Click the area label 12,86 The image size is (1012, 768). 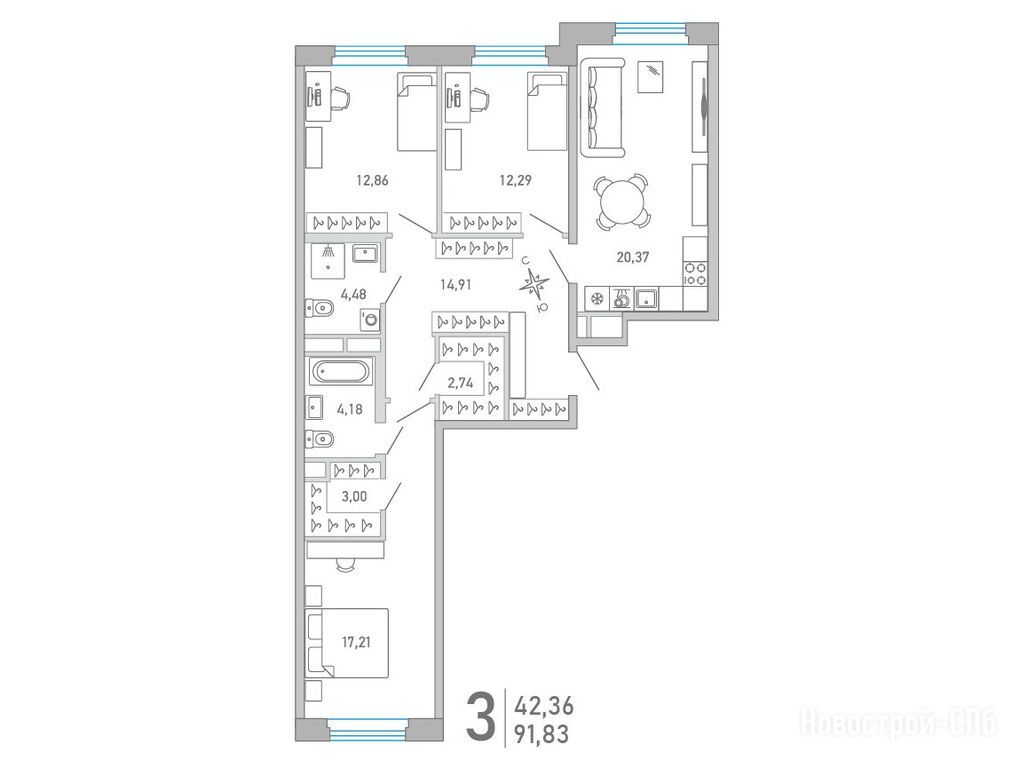pyautogui.click(x=372, y=180)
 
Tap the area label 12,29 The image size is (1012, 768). pyautogui.click(x=515, y=180)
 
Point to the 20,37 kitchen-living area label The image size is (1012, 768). pyautogui.click(x=632, y=257)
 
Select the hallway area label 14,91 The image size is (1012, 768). pyautogui.click(x=456, y=285)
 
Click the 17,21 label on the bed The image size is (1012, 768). pyautogui.click(x=356, y=642)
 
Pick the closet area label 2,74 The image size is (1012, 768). pyautogui.click(x=460, y=383)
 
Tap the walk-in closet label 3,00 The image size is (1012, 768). pyautogui.click(x=354, y=496)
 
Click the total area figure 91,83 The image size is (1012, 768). pyautogui.click(x=541, y=734)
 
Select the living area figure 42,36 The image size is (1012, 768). pyautogui.click(x=543, y=705)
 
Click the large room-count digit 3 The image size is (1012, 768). pyautogui.click(x=481, y=716)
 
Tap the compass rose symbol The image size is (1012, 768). pyautogui.click(x=535, y=283)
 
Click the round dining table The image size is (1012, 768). pyautogui.click(x=622, y=202)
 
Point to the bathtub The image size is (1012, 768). pyautogui.click(x=340, y=372)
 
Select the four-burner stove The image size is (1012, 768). pyautogui.click(x=695, y=274)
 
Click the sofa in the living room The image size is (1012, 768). pyautogui.click(x=603, y=108)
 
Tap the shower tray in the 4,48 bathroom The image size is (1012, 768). pyautogui.click(x=328, y=261)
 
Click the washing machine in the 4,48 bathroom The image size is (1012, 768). pyautogui.click(x=369, y=319)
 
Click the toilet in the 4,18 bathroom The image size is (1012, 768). pyautogui.click(x=319, y=440)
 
